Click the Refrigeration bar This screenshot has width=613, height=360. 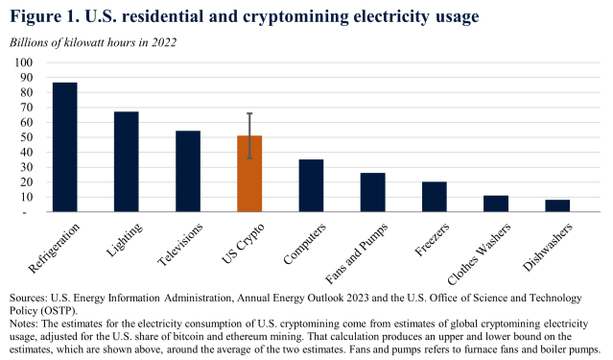point(64,147)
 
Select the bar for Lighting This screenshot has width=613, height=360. point(126,161)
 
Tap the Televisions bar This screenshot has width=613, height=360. point(188,171)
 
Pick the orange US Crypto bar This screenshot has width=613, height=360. point(249,174)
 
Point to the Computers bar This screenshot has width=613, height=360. point(311,185)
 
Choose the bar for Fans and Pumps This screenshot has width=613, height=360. point(372,192)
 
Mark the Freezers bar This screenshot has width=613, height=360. point(434,197)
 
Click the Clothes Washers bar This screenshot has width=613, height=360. point(495,204)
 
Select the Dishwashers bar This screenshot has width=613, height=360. point(556,205)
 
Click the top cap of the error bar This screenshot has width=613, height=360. point(249,113)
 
